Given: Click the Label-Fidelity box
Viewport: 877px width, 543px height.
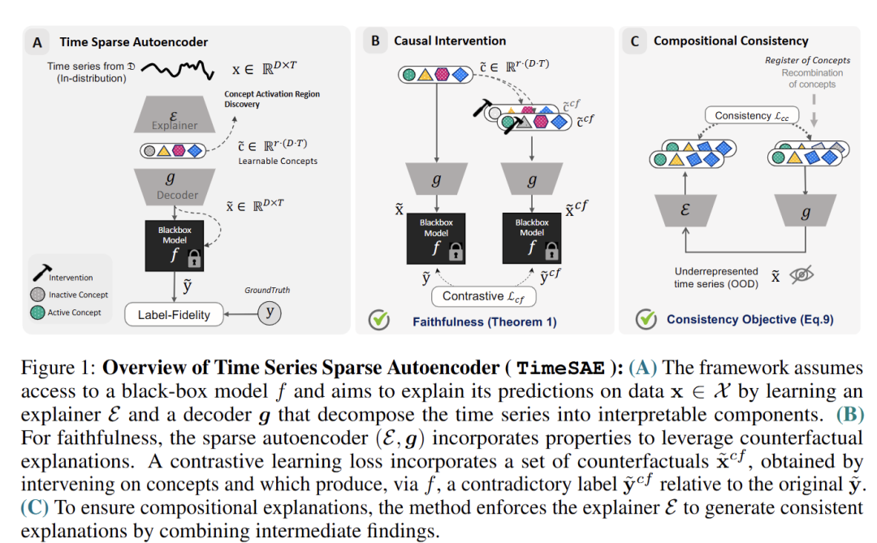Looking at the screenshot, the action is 174,315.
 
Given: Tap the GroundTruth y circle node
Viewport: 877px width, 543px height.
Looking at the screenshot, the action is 270,312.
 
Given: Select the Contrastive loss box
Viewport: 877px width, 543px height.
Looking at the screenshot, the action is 484,296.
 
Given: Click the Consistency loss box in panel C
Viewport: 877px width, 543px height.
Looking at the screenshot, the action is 752,116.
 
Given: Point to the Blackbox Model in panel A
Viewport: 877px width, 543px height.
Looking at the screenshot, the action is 175,245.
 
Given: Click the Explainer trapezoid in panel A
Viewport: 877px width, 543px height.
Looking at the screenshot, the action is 175,114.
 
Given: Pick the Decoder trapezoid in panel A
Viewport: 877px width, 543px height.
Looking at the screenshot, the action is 175,187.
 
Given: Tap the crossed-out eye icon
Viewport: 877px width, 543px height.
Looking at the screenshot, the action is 801,274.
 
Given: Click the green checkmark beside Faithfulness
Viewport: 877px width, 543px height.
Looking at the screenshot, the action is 379,319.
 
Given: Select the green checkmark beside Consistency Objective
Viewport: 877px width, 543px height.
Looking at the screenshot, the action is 646,319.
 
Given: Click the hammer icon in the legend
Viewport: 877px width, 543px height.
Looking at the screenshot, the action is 41,273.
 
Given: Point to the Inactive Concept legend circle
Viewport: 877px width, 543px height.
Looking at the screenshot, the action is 37,294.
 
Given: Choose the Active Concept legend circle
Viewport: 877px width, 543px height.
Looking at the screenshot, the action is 37,312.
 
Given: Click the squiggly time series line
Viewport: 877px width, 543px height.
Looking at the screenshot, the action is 177,69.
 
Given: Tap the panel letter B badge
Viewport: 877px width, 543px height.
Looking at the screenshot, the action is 375,41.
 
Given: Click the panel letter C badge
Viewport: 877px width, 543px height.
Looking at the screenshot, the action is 635,41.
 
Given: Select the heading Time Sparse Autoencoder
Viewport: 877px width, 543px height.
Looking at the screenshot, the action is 134,42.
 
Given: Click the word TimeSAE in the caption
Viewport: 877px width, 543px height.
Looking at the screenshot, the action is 560,368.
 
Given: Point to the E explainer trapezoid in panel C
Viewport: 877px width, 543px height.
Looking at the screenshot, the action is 685,210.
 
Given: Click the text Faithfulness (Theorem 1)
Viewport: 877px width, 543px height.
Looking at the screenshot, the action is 484,321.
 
